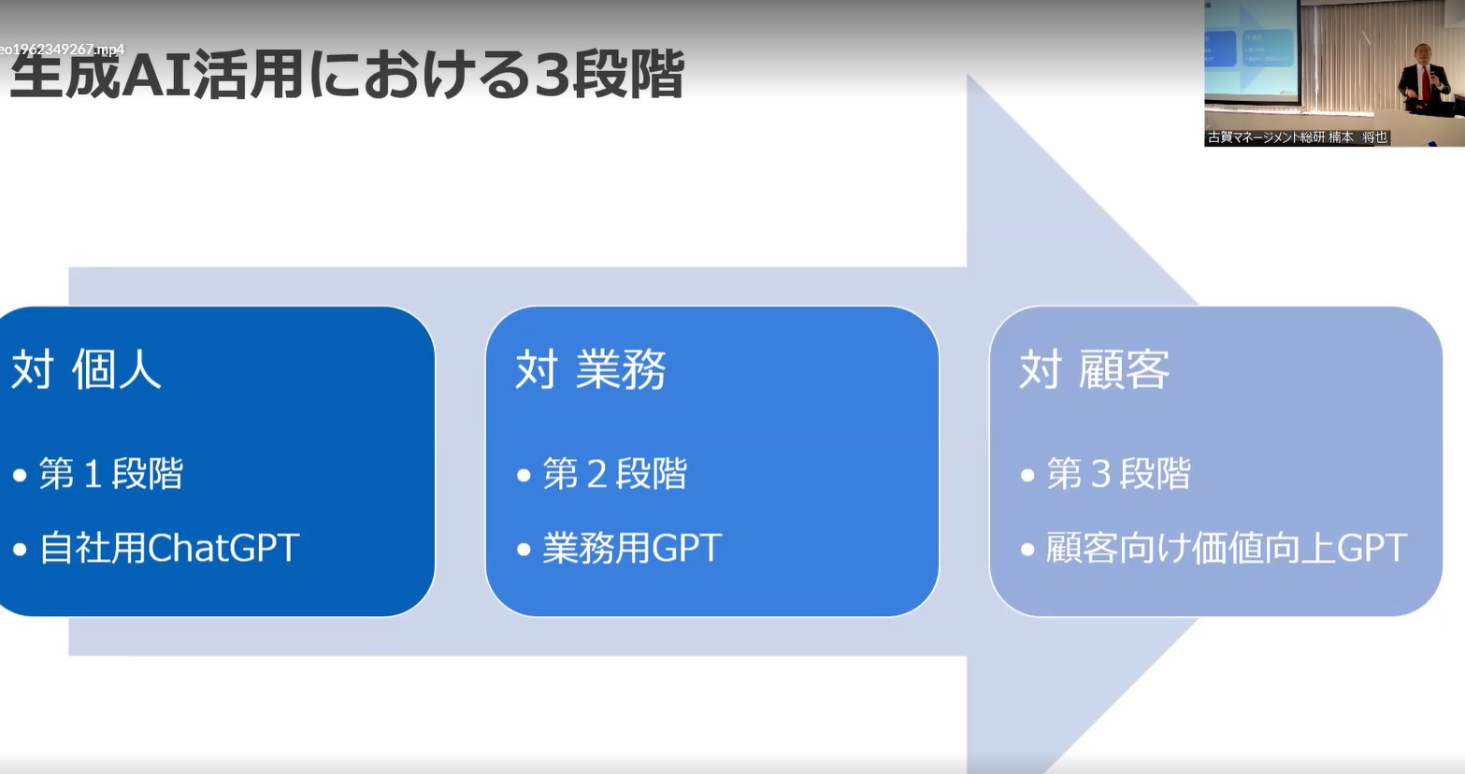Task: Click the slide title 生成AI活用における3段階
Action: (x=347, y=75)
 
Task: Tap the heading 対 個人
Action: (x=86, y=369)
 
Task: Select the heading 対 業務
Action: (x=591, y=369)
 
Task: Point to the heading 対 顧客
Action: (x=1095, y=369)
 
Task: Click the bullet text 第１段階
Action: (x=111, y=473)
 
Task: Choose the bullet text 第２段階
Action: (x=615, y=473)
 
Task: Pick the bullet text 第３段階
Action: (x=1119, y=473)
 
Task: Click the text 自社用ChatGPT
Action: (x=169, y=548)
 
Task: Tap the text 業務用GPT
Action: (x=632, y=548)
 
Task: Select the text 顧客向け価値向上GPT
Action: (x=1227, y=548)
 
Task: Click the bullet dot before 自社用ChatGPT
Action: (x=20, y=549)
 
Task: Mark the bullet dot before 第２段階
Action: (x=524, y=475)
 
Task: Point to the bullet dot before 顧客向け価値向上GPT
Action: (x=1027, y=549)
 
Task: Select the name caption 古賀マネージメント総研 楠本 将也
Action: (x=1298, y=137)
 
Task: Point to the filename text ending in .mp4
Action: (x=62, y=50)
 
